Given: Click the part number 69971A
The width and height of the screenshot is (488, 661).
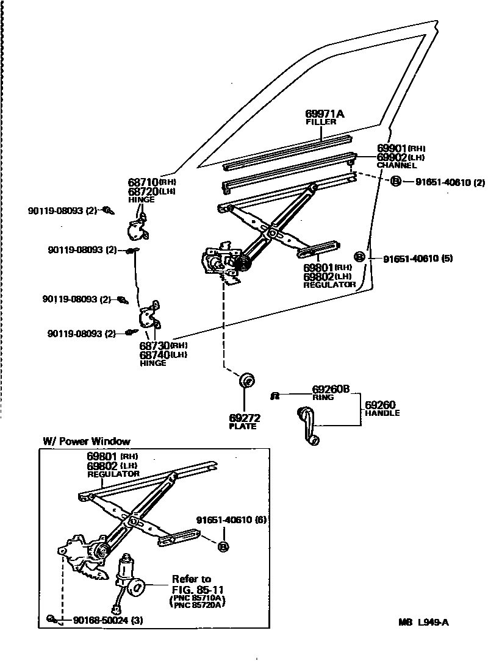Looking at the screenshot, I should tap(325, 113).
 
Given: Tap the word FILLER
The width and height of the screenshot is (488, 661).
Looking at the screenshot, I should tap(321, 122).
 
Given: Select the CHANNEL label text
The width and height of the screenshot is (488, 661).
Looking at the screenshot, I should tap(396, 165).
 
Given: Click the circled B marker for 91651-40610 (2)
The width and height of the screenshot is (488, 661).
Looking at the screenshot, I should tap(395, 182).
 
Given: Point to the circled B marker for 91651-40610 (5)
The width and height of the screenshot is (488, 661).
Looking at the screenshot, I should tap(360, 257).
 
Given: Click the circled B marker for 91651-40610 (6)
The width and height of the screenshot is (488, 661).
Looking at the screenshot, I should tap(223, 546).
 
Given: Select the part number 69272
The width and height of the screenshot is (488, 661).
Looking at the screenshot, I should tap(245, 418).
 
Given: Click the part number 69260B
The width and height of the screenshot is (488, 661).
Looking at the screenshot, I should tap(331, 389).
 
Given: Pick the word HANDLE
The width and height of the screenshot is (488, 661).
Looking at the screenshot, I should tap(382, 413).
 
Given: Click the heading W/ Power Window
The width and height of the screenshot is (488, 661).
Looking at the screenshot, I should tap(86, 441).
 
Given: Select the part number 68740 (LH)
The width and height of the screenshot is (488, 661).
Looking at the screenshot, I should tap(163, 354).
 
